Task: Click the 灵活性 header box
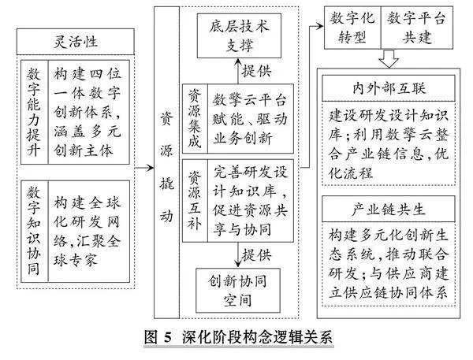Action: tap(76, 42)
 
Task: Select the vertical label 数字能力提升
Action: tap(34, 112)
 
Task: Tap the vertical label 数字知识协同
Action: tap(34, 232)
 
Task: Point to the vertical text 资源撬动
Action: tap(166, 166)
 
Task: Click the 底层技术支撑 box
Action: tap(239, 35)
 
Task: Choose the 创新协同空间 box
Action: tap(238, 291)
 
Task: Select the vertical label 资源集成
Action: tap(195, 118)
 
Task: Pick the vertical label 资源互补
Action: tap(195, 200)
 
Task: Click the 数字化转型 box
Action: tap(352, 28)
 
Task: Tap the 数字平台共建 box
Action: tap(417, 28)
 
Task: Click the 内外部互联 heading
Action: tap(389, 88)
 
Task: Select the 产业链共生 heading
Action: tap(389, 210)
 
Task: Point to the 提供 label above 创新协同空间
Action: tap(256, 255)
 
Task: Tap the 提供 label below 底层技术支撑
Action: tap(256, 71)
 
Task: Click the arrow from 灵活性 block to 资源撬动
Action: tap(144, 168)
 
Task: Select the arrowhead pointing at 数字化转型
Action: tap(320, 26)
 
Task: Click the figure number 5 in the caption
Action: tap(168, 338)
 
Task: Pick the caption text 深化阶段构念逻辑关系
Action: tap(257, 337)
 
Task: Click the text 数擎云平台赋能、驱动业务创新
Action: tap(250, 119)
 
